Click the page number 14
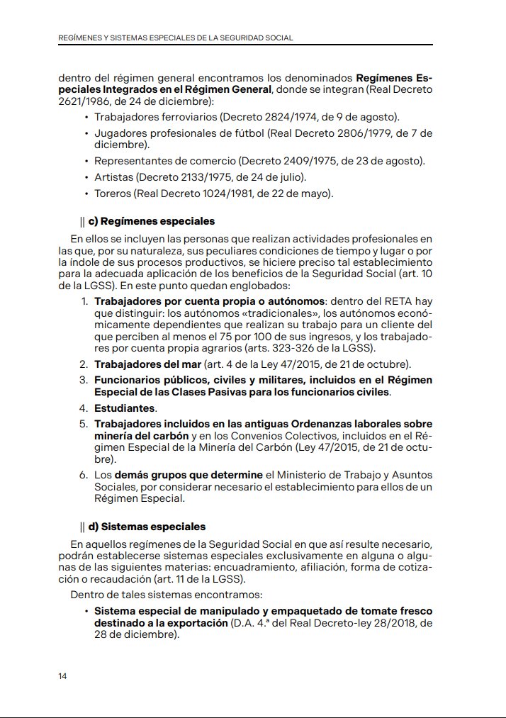[x=62, y=676]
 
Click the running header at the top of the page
[x=175, y=38]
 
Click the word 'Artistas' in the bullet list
[x=114, y=176]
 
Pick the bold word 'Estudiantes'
[x=125, y=408]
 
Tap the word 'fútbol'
[x=235, y=133]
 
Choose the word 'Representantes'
[x=130, y=160]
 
